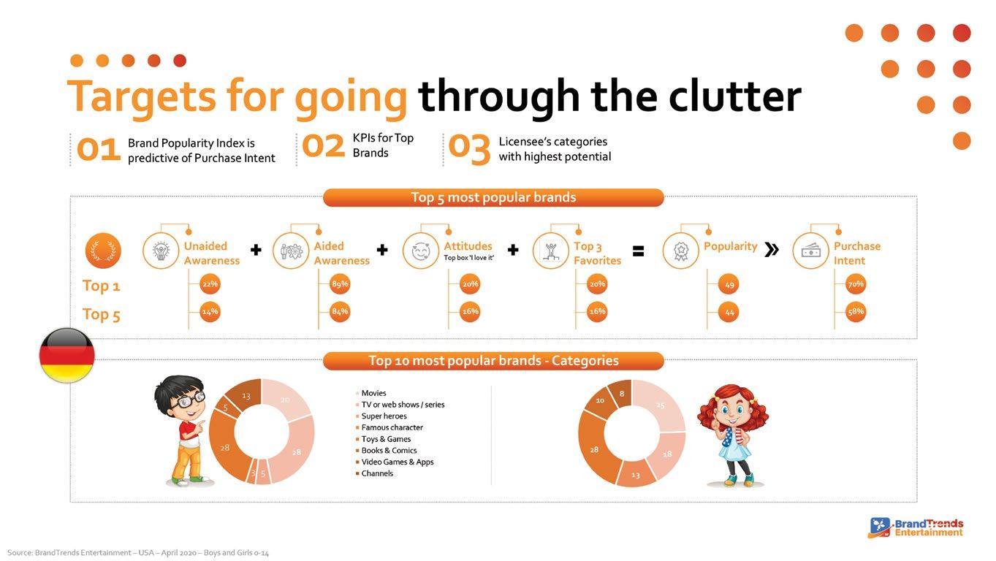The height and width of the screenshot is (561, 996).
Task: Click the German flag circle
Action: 67,355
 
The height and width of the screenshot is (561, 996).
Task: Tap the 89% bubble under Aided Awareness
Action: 340,284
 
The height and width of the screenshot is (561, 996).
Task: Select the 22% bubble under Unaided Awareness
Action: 210,284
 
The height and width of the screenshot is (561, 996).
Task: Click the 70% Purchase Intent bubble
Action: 856,284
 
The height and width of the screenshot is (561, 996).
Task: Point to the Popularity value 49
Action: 729,284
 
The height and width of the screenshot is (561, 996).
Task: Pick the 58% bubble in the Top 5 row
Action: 856,312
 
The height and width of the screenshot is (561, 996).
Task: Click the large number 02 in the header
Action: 323,146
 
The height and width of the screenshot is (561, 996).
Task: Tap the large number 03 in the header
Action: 469,148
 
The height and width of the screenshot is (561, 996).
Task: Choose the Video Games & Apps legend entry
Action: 395,462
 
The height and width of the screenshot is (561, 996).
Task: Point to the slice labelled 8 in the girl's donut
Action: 622,394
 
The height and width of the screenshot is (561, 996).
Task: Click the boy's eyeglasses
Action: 189,400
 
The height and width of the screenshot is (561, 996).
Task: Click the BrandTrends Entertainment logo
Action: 916,528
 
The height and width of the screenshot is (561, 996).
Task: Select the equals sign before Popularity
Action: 638,251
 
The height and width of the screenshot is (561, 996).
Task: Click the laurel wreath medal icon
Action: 103,251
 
